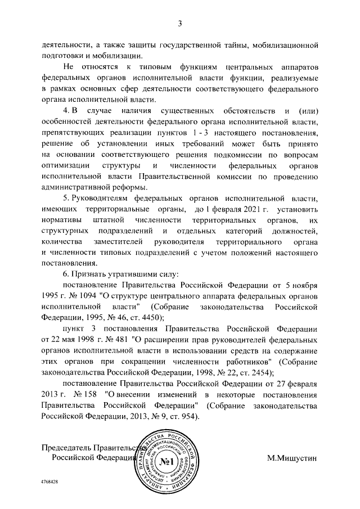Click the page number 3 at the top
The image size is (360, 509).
click(x=180, y=23)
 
